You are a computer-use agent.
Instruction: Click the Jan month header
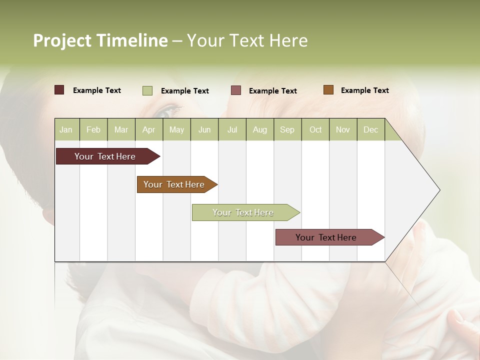pyautogui.click(x=66, y=129)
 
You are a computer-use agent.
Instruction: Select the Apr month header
pyautogui.click(x=148, y=129)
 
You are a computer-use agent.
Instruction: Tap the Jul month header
pyautogui.click(x=232, y=129)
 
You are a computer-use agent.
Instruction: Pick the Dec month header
pyautogui.click(x=370, y=129)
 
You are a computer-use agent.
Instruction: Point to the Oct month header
pyautogui.click(x=315, y=129)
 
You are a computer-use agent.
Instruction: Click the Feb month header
pyautogui.click(x=93, y=129)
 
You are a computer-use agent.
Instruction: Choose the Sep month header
pyautogui.click(x=287, y=129)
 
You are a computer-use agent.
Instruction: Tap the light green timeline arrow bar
pyautogui.click(x=243, y=212)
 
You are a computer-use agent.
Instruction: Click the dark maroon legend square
pyautogui.click(x=59, y=90)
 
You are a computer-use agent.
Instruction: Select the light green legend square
pyautogui.click(x=147, y=90)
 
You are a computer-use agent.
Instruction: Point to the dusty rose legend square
pyautogui.click(x=236, y=90)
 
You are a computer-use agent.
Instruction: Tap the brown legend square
pyautogui.click(x=328, y=90)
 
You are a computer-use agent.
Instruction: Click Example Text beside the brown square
pyautogui.click(x=364, y=90)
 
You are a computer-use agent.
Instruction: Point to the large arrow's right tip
pyautogui.click(x=439, y=190)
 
